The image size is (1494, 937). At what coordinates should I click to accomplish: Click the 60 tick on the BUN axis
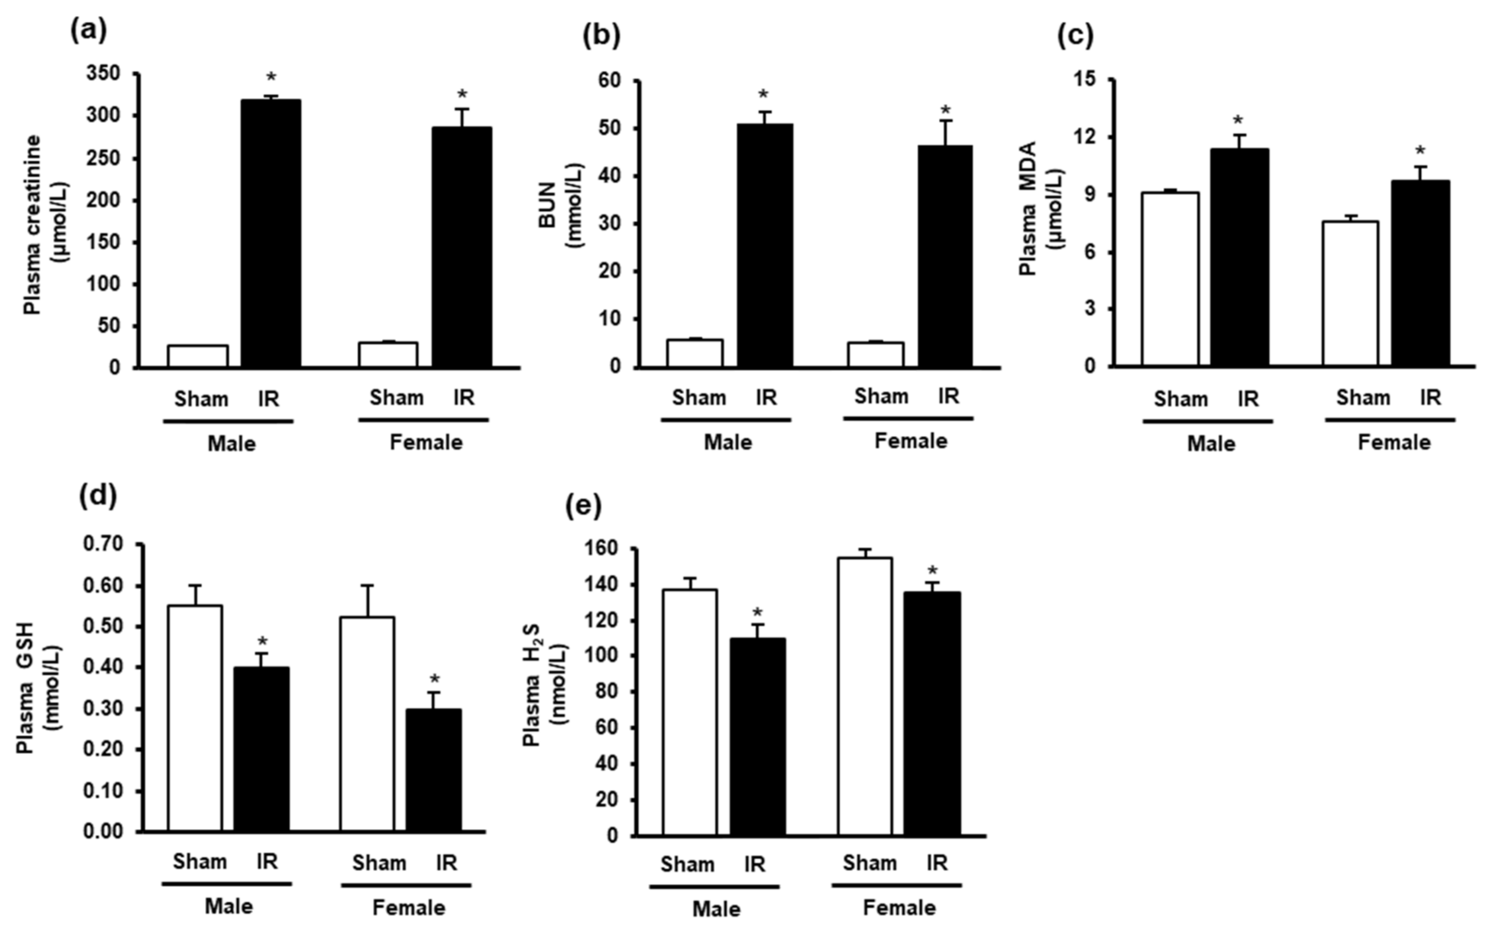pyautogui.click(x=608, y=81)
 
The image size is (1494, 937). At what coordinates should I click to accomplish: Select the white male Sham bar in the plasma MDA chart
pyautogui.click(x=1170, y=279)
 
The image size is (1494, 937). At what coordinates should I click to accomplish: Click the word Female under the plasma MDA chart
pyautogui.click(x=1394, y=443)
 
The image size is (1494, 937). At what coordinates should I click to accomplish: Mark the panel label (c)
pyautogui.click(x=1074, y=36)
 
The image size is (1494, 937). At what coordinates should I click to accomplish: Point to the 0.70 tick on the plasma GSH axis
pyautogui.click(x=103, y=544)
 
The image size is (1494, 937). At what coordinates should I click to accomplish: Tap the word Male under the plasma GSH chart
pyautogui.click(x=229, y=907)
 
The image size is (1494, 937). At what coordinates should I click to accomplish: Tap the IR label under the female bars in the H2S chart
pyautogui.click(x=937, y=863)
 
